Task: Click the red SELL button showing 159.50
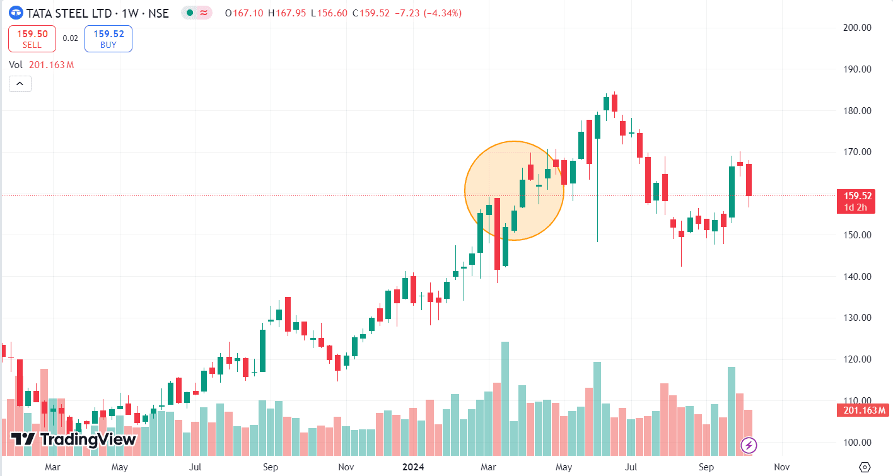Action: tap(32, 38)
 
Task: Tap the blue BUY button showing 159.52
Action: tap(108, 38)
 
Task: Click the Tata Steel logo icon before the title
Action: tap(16, 13)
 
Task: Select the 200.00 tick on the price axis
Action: tap(857, 28)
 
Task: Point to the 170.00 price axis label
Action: tap(857, 152)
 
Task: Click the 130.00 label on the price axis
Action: tap(857, 318)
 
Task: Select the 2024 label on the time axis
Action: tap(414, 467)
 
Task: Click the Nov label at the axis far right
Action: tap(781, 467)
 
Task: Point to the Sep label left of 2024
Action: tap(271, 467)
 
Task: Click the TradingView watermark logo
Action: tap(74, 439)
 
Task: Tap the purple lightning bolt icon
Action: tap(749, 446)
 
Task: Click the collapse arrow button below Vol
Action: tap(20, 83)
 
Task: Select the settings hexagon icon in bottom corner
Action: tap(865, 467)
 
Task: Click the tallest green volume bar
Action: tap(505, 397)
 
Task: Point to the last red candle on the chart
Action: tap(749, 180)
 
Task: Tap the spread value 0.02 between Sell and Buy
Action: tap(71, 38)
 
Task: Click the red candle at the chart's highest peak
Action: tap(614, 103)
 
